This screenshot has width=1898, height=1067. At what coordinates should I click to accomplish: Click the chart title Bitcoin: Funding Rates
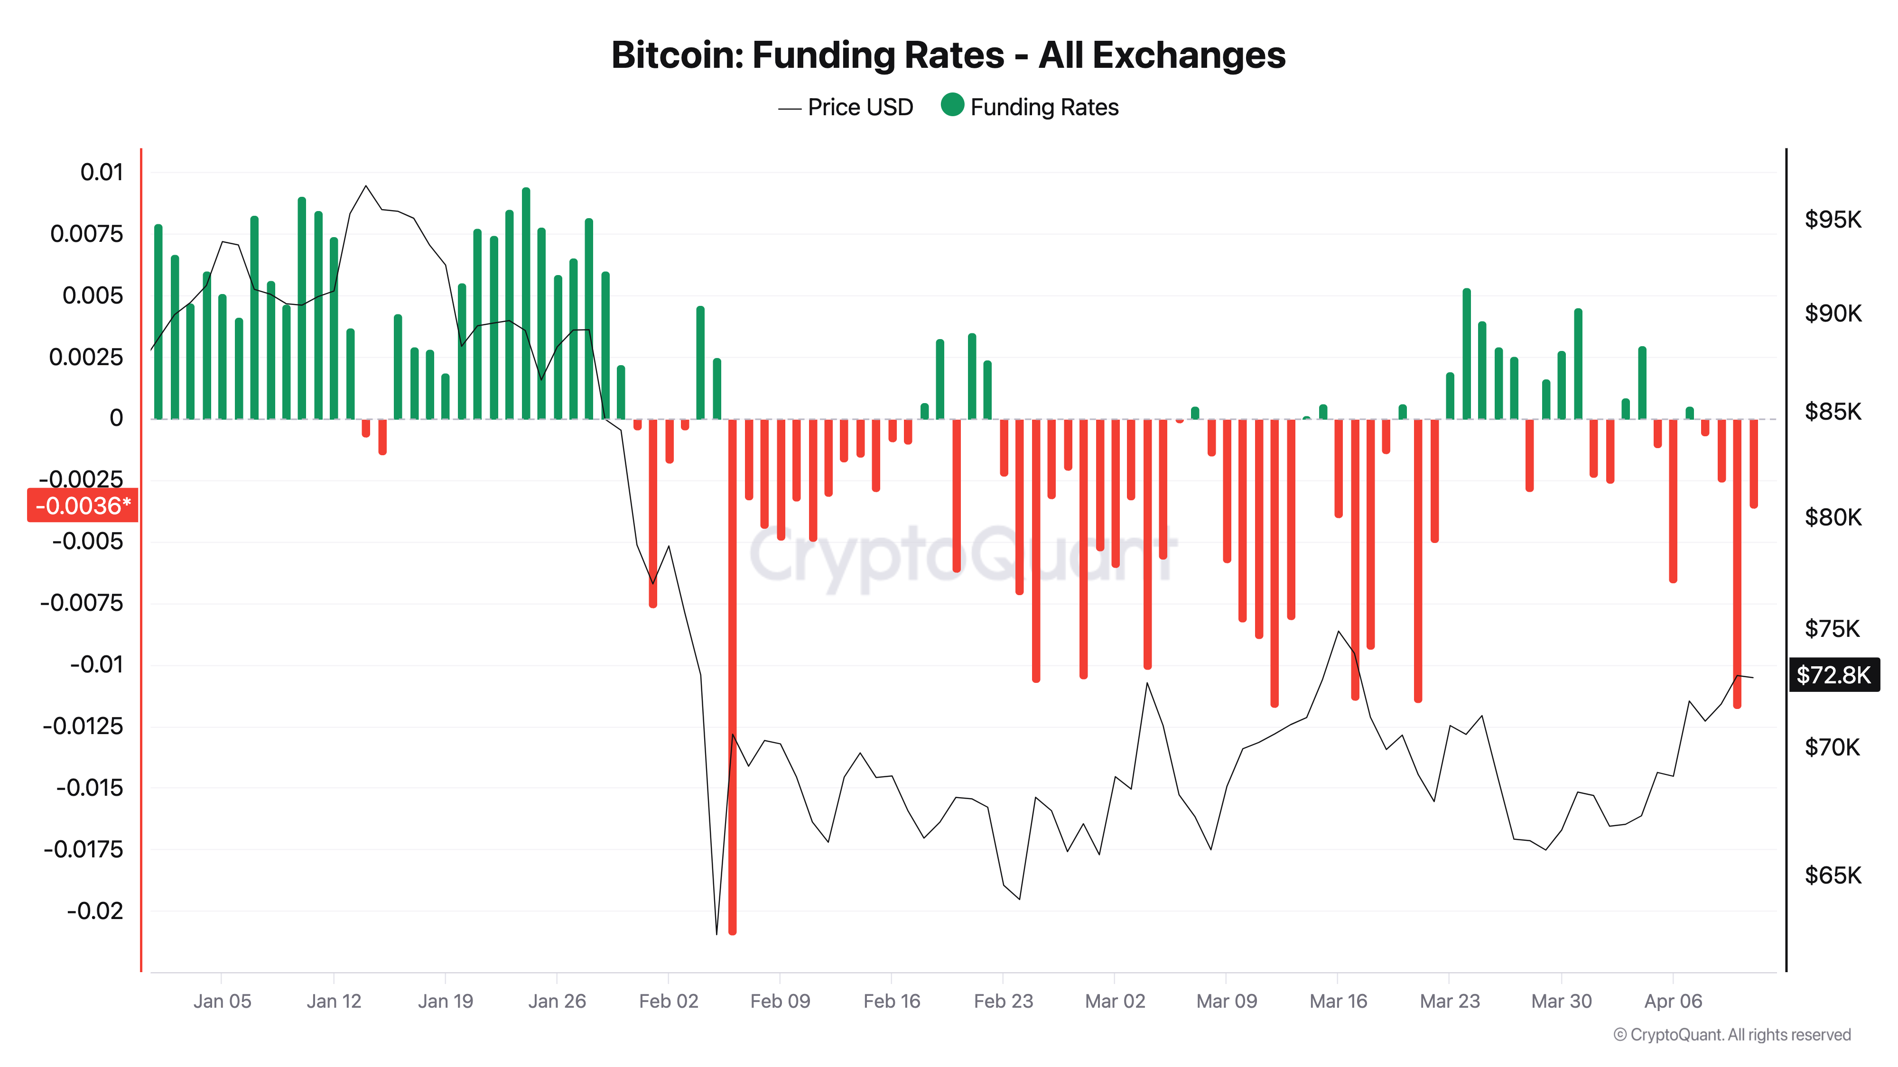[x=948, y=55]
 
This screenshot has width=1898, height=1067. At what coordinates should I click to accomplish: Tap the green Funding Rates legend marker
[x=952, y=105]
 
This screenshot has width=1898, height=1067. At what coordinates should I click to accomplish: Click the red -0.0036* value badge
[x=83, y=505]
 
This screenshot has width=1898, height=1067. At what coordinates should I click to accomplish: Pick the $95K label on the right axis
[x=1833, y=220]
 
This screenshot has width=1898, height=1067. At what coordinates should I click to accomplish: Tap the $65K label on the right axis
[x=1833, y=875]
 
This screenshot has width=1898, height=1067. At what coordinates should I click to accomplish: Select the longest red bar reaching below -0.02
[x=732, y=678]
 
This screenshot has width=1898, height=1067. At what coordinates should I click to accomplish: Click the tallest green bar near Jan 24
[x=526, y=302]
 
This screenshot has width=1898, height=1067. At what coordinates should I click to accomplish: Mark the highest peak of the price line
[x=366, y=186]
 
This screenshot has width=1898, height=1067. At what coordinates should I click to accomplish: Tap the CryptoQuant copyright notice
[x=1731, y=1035]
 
